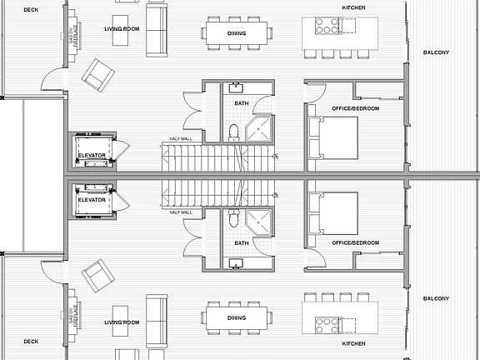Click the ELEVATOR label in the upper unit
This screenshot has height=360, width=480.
tap(92, 156)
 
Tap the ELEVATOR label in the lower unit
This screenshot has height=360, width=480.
tap(92, 200)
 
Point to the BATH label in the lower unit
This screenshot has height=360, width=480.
tap(242, 243)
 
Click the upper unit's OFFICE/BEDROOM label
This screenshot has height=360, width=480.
tap(355, 109)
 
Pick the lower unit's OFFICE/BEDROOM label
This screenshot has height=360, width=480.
tap(355, 242)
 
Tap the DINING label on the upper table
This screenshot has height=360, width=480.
tap(237, 33)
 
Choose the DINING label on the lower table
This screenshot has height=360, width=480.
tap(237, 317)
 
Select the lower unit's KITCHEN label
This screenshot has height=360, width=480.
tap(353, 343)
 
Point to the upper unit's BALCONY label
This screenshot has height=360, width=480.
tap(436, 52)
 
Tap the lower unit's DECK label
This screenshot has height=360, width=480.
tap(31, 341)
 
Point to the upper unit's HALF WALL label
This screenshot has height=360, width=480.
tap(181, 139)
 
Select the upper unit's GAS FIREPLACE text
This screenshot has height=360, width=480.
tap(73, 37)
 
